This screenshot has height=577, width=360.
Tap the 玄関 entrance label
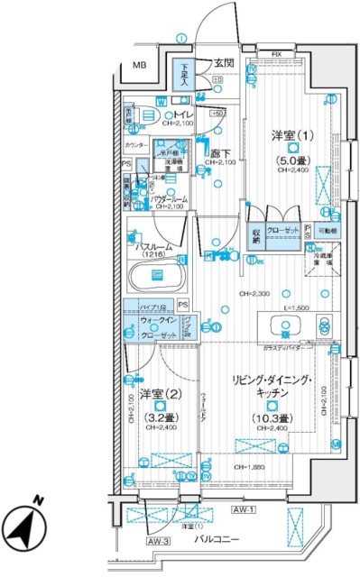pyautogui.click(x=225, y=63)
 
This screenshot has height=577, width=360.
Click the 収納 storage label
pyautogui.click(x=256, y=234)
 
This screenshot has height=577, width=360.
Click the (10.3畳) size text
pyautogui.click(x=271, y=417)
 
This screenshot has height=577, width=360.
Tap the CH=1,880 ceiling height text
pyautogui.click(x=253, y=467)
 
